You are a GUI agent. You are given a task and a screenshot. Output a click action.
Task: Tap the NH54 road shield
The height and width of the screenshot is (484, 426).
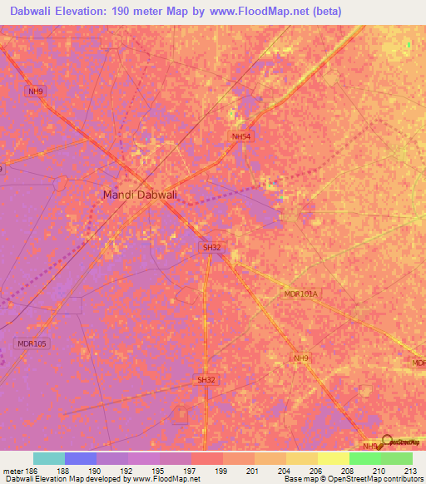241,136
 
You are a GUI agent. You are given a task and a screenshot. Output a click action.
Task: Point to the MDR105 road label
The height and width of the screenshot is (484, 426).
32,343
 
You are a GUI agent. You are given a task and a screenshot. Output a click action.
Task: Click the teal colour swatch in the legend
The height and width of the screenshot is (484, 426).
49,458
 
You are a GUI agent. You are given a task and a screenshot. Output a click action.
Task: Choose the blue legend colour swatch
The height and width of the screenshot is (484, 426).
81,458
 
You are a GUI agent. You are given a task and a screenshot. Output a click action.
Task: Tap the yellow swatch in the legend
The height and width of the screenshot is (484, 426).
333,458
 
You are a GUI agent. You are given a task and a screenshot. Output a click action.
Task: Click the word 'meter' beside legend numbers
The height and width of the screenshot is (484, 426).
12,471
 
